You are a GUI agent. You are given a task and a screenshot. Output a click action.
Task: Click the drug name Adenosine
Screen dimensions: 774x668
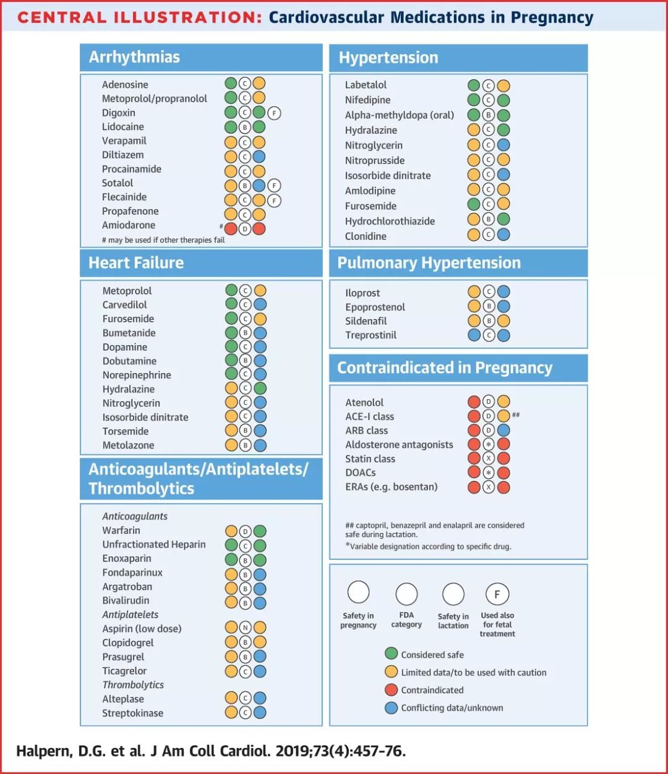125,85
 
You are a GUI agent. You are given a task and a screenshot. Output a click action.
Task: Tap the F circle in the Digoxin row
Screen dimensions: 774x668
274,113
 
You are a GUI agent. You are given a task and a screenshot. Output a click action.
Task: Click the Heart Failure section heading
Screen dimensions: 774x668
136,263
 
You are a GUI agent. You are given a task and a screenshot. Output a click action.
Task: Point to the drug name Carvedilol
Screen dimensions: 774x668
125,305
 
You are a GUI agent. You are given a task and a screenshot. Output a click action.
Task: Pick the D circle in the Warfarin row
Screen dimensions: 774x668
245,531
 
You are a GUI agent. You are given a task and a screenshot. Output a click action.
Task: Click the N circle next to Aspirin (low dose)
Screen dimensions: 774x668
245,628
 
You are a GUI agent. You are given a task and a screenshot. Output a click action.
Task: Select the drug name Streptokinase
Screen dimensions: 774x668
133,713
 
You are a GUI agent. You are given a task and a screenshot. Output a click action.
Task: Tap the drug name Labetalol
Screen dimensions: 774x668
366,85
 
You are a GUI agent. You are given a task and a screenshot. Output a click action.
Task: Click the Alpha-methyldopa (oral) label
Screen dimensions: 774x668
400,115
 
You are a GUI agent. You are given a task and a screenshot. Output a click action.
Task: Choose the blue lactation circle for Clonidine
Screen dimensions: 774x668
503,235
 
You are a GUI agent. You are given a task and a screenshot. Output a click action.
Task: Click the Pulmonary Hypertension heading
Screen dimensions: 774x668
429,263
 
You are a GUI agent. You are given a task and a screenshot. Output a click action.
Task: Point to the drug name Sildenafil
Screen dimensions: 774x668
366,321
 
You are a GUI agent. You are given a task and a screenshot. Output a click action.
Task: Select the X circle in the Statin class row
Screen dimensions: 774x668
489,458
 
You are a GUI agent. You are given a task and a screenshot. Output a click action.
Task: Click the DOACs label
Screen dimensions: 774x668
361,473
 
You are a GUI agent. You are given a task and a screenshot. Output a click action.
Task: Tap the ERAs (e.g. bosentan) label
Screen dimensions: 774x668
392,487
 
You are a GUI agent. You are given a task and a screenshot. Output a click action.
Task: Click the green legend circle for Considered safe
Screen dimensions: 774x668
391,654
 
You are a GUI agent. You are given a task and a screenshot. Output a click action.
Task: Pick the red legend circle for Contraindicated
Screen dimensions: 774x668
391,689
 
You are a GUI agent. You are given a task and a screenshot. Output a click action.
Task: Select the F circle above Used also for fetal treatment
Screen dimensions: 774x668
497,594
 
